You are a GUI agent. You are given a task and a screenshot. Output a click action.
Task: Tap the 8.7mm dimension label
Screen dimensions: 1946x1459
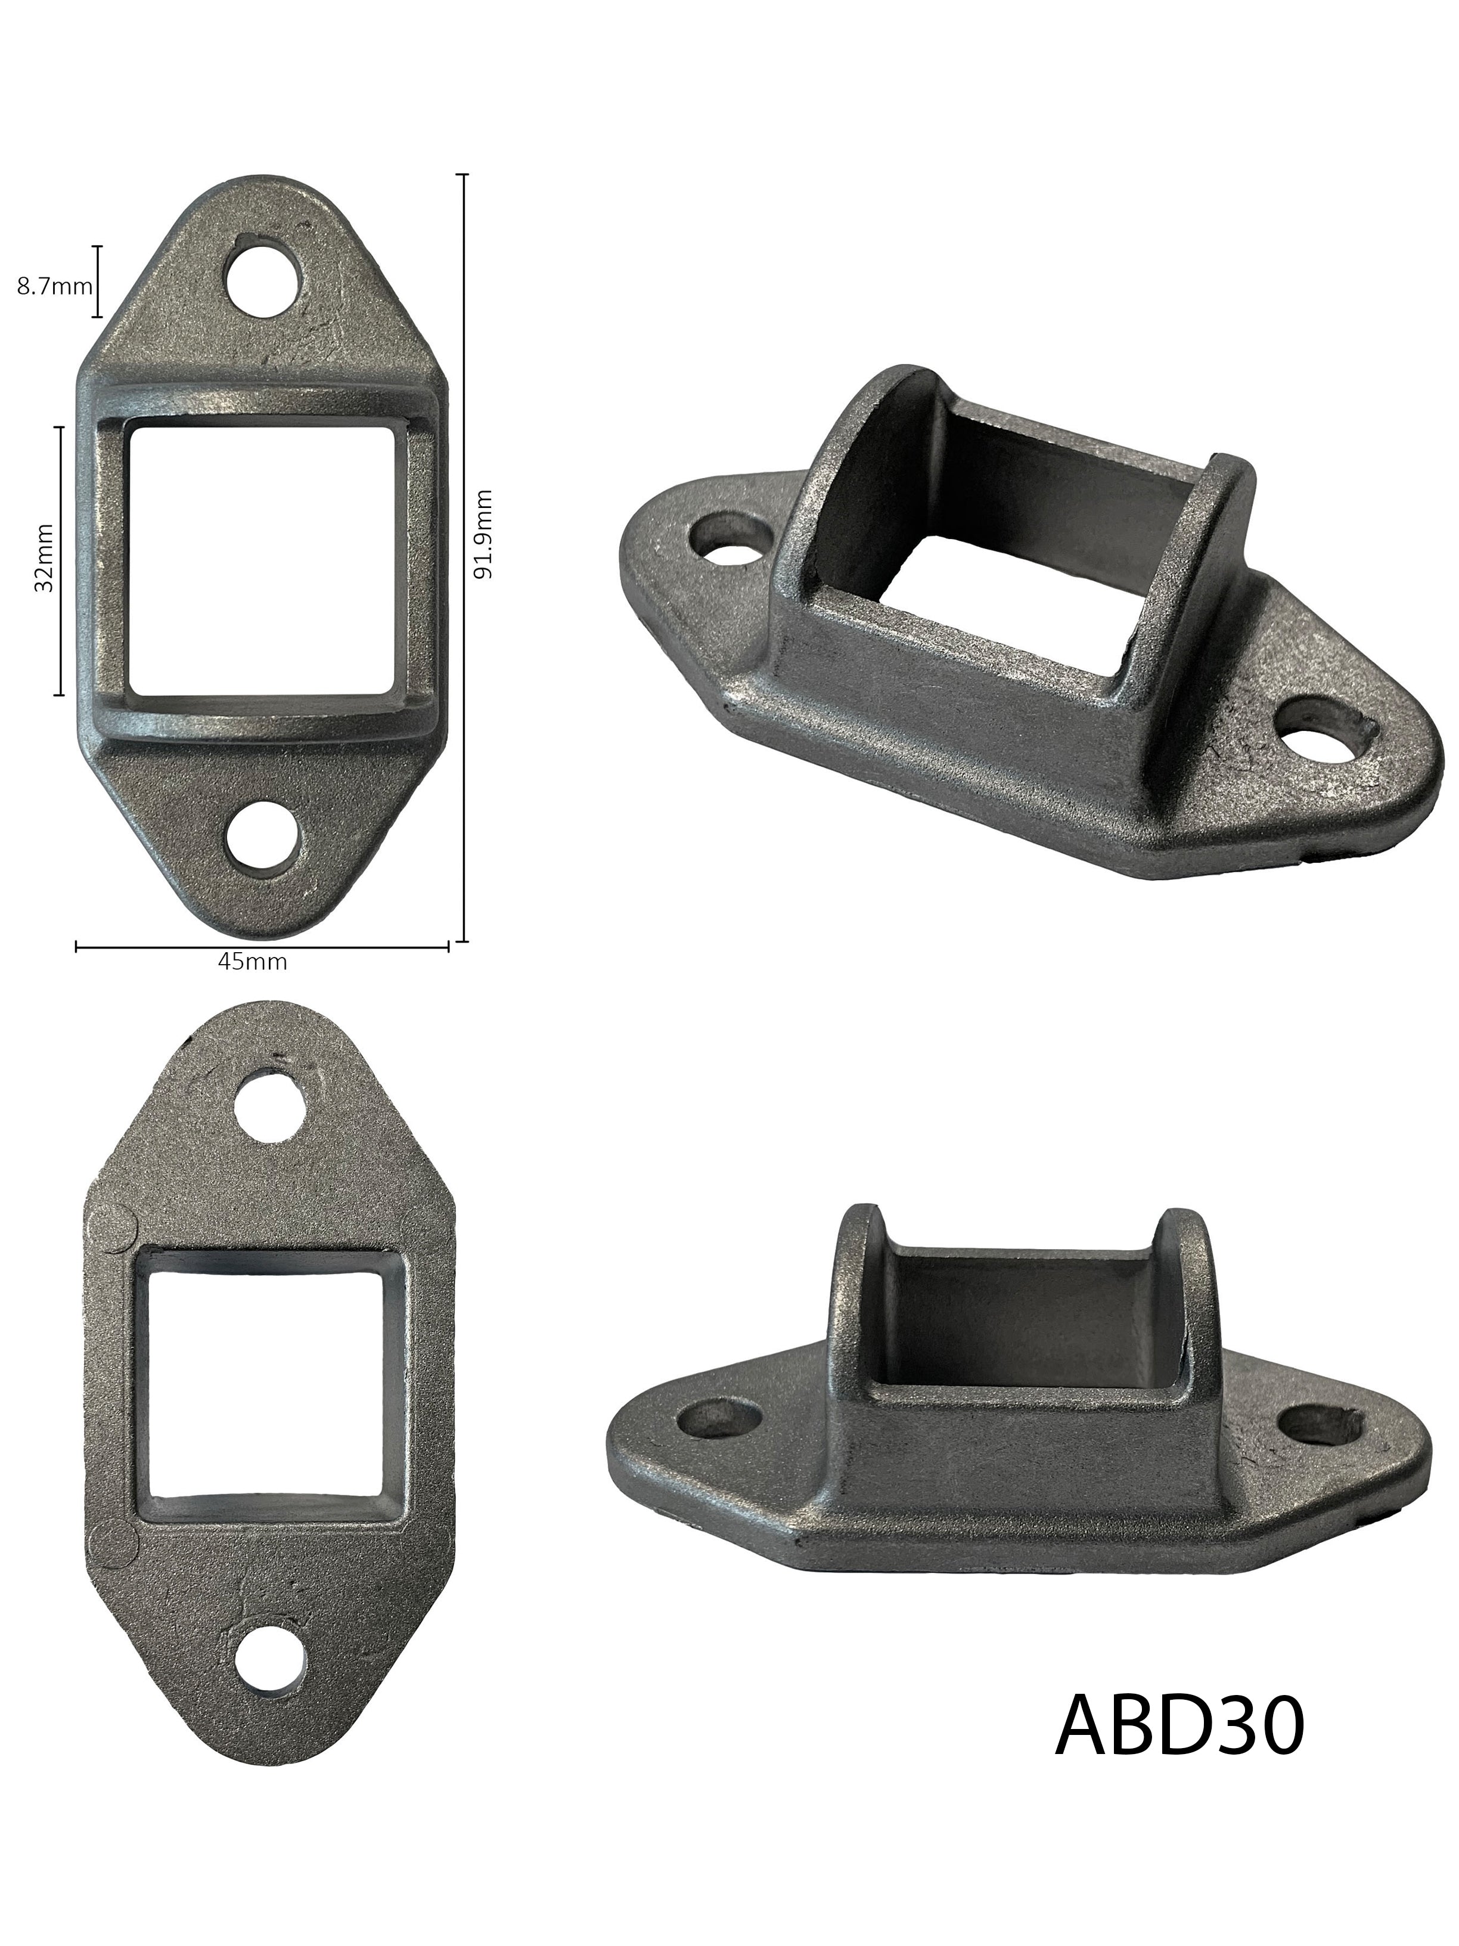coord(54,286)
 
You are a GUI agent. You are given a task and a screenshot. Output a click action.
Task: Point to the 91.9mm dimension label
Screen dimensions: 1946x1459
coord(483,534)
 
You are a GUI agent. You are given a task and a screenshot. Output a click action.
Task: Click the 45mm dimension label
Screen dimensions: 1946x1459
coord(252,962)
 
